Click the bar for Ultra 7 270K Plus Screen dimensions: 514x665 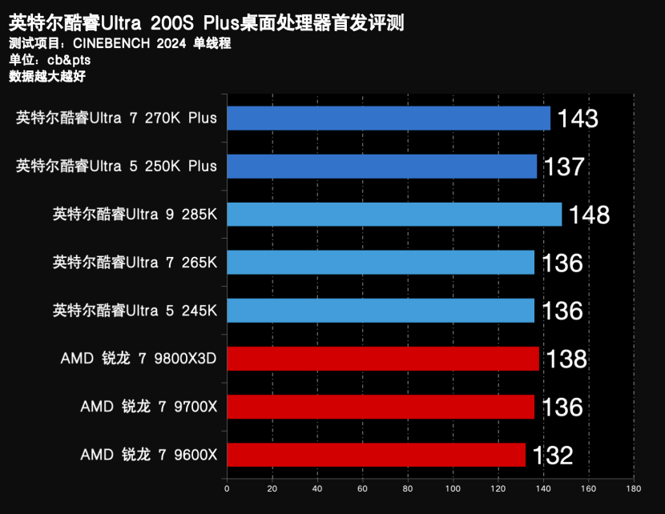(389, 118)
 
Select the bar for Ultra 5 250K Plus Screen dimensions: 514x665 (381, 167)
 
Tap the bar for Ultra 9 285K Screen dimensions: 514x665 (394, 215)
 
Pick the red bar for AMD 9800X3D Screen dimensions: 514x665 (383, 359)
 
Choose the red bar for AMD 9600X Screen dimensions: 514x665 (376, 455)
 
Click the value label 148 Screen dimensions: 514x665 (589, 215)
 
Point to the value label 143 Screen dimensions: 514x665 (578, 119)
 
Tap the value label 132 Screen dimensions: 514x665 (552, 456)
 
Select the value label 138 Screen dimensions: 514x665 (566, 359)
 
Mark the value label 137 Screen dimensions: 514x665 (564, 167)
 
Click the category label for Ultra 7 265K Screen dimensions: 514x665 (135, 262)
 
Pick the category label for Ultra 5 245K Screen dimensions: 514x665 (135, 310)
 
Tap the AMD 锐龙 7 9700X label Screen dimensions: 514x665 (148, 407)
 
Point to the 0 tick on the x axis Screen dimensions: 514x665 (227, 488)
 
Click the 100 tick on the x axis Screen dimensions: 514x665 (453, 488)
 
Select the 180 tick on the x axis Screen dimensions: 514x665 (634, 488)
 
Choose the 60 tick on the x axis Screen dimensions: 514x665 (363, 488)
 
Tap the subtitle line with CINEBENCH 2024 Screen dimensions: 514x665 (119, 43)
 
